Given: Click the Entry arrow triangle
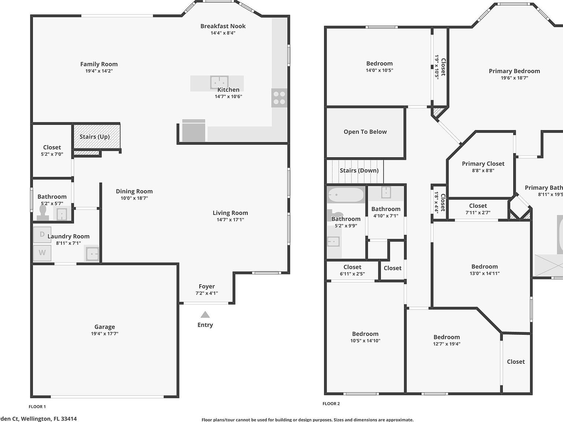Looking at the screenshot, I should (205, 315).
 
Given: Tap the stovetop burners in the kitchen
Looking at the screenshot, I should (279, 98).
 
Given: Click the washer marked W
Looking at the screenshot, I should (42, 253).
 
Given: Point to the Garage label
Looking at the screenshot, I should (104, 327).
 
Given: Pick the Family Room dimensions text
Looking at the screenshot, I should (99, 71).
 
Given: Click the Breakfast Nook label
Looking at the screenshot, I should (223, 26).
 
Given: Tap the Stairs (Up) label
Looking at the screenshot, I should (95, 137).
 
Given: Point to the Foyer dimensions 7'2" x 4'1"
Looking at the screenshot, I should (207, 293).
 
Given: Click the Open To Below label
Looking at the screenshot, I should (365, 132).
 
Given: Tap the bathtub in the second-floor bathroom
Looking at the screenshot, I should (346, 195).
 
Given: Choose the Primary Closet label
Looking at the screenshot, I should (483, 164).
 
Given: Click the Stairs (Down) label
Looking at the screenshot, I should (359, 170).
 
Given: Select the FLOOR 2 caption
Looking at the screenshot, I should (331, 404).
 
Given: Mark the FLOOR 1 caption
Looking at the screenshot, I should (37, 407).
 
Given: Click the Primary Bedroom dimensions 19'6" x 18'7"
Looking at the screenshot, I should (514, 78).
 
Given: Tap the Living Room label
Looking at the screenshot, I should (230, 213).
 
